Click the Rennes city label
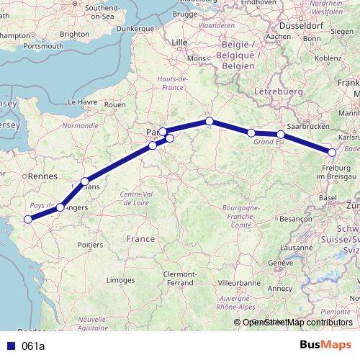[x=42, y=175]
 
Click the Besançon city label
[x=294, y=217]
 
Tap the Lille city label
[x=179, y=42]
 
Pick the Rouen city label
[x=115, y=104]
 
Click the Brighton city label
[x=74, y=33]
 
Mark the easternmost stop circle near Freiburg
[x=332, y=152]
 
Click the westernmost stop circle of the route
[x=28, y=219]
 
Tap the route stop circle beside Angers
[x=60, y=207]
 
